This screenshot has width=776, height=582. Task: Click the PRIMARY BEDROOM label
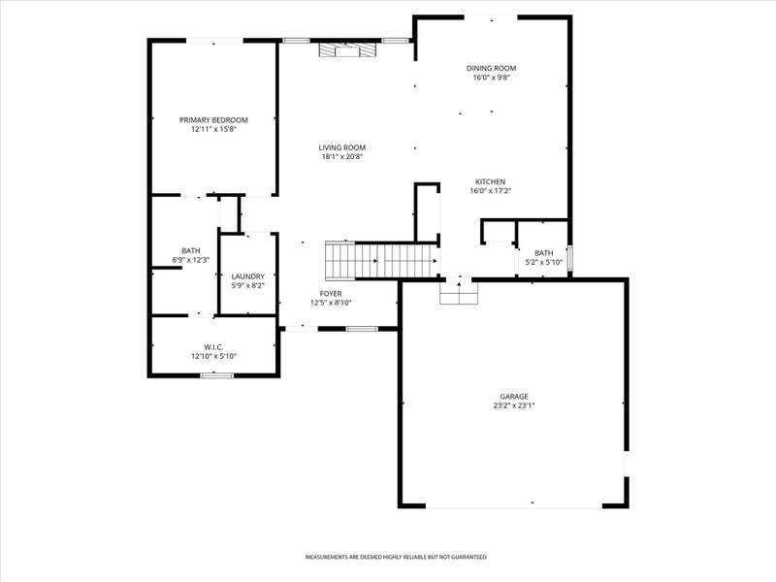[x=213, y=120]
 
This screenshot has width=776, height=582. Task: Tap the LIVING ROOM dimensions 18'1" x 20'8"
[x=342, y=157]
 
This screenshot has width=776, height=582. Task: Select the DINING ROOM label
[x=491, y=68]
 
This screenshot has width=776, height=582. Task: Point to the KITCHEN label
[x=491, y=181]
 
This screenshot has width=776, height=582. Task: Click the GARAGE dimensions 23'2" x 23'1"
[x=514, y=405]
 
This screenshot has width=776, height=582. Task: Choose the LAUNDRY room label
[x=248, y=276]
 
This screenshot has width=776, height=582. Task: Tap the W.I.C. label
[x=213, y=347]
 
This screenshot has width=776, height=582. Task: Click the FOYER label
[x=331, y=294]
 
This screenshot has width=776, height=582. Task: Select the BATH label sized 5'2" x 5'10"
[x=543, y=253]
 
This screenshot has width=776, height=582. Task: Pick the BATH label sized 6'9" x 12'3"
[x=190, y=251]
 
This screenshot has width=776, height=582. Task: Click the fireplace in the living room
[x=347, y=50]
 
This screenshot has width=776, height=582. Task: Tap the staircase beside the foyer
[x=381, y=260]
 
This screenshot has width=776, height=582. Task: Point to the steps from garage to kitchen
[x=459, y=293]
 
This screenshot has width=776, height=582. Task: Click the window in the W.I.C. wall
[x=216, y=375]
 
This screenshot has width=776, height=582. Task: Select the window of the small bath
[x=569, y=258]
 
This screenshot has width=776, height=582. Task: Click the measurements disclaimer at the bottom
[x=396, y=557]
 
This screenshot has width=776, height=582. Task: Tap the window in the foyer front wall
[x=362, y=329]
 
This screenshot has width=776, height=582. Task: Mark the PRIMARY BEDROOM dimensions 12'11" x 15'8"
[x=213, y=129]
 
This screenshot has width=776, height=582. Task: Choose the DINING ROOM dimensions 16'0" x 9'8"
[x=491, y=78]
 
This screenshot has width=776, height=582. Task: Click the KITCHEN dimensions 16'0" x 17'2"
[x=491, y=190]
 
